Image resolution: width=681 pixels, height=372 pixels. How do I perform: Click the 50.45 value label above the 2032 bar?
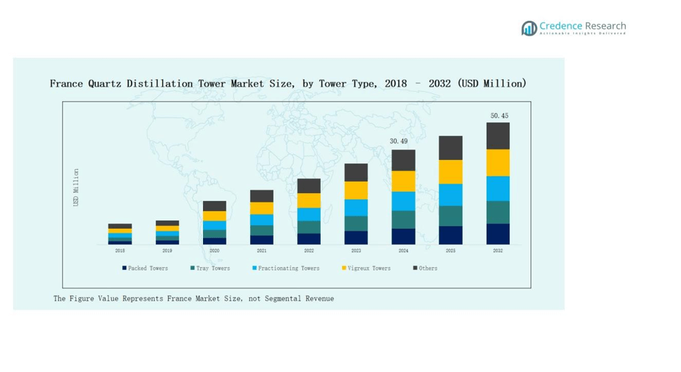pos(499,116)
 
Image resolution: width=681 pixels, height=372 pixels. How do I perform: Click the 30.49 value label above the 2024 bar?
pos(399,141)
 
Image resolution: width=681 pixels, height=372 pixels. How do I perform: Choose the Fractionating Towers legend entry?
pos(286,268)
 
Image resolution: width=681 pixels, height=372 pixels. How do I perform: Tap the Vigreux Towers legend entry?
pos(366,268)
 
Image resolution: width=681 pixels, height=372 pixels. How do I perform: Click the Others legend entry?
pos(425,268)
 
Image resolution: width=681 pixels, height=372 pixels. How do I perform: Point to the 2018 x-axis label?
pos(120,250)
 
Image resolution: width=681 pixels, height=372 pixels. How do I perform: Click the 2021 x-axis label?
pos(262,250)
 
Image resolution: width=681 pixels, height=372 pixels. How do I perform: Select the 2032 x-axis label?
pos(498,250)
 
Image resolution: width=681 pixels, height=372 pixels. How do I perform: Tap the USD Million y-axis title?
pos(77,187)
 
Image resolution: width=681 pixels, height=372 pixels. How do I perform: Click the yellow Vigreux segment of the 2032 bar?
pos(498,163)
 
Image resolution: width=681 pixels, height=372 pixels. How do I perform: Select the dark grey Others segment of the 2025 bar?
pos(450,148)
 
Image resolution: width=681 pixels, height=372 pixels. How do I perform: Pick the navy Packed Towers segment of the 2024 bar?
pos(403,236)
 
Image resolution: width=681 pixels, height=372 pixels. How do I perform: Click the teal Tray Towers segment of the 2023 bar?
pos(356,223)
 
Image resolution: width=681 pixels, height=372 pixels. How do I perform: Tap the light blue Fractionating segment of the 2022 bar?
pos(309,214)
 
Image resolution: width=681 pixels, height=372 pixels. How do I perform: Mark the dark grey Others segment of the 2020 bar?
pos(214,206)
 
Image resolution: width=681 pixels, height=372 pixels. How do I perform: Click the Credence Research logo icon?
pos(529,28)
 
